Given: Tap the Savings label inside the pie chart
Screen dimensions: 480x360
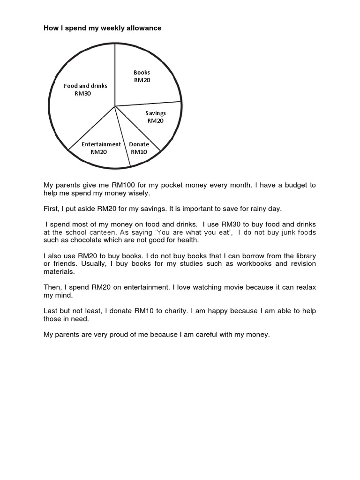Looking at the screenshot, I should coord(155,113).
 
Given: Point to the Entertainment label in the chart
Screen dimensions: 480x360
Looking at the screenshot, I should coord(101,144).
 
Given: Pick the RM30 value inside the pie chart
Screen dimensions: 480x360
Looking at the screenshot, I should coord(83,93).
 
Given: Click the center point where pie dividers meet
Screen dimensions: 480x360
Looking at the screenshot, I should coord(115,106).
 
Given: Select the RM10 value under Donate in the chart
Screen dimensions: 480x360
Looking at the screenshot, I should coord(139,151).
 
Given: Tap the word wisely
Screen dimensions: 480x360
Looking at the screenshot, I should coord(140,193).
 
